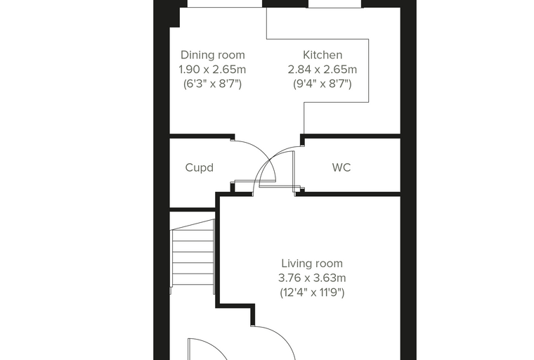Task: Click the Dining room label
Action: (x=212, y=55)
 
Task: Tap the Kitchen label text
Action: (x=323, y=55)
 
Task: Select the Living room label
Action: (x=312, y=264)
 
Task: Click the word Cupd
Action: (x=200, y=168)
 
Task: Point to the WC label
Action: (x=341, y=167)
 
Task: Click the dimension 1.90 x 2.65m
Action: (x=212, y=70)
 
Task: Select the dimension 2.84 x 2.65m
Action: (x=323, y=70)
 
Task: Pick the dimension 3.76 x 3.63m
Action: (x=312, y=278)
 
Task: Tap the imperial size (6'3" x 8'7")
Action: (x=212, y=84)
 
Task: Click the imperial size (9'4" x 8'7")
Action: (x=323, y=84)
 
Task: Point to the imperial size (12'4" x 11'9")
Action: (x=312, y=292)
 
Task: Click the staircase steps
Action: (x=193, y=257)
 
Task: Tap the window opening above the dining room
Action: (x=225, y=4)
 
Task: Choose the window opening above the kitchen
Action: (x=335, y=4)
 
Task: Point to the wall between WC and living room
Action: (x=348, y=194)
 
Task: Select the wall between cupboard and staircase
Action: (x=193, y=210)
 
